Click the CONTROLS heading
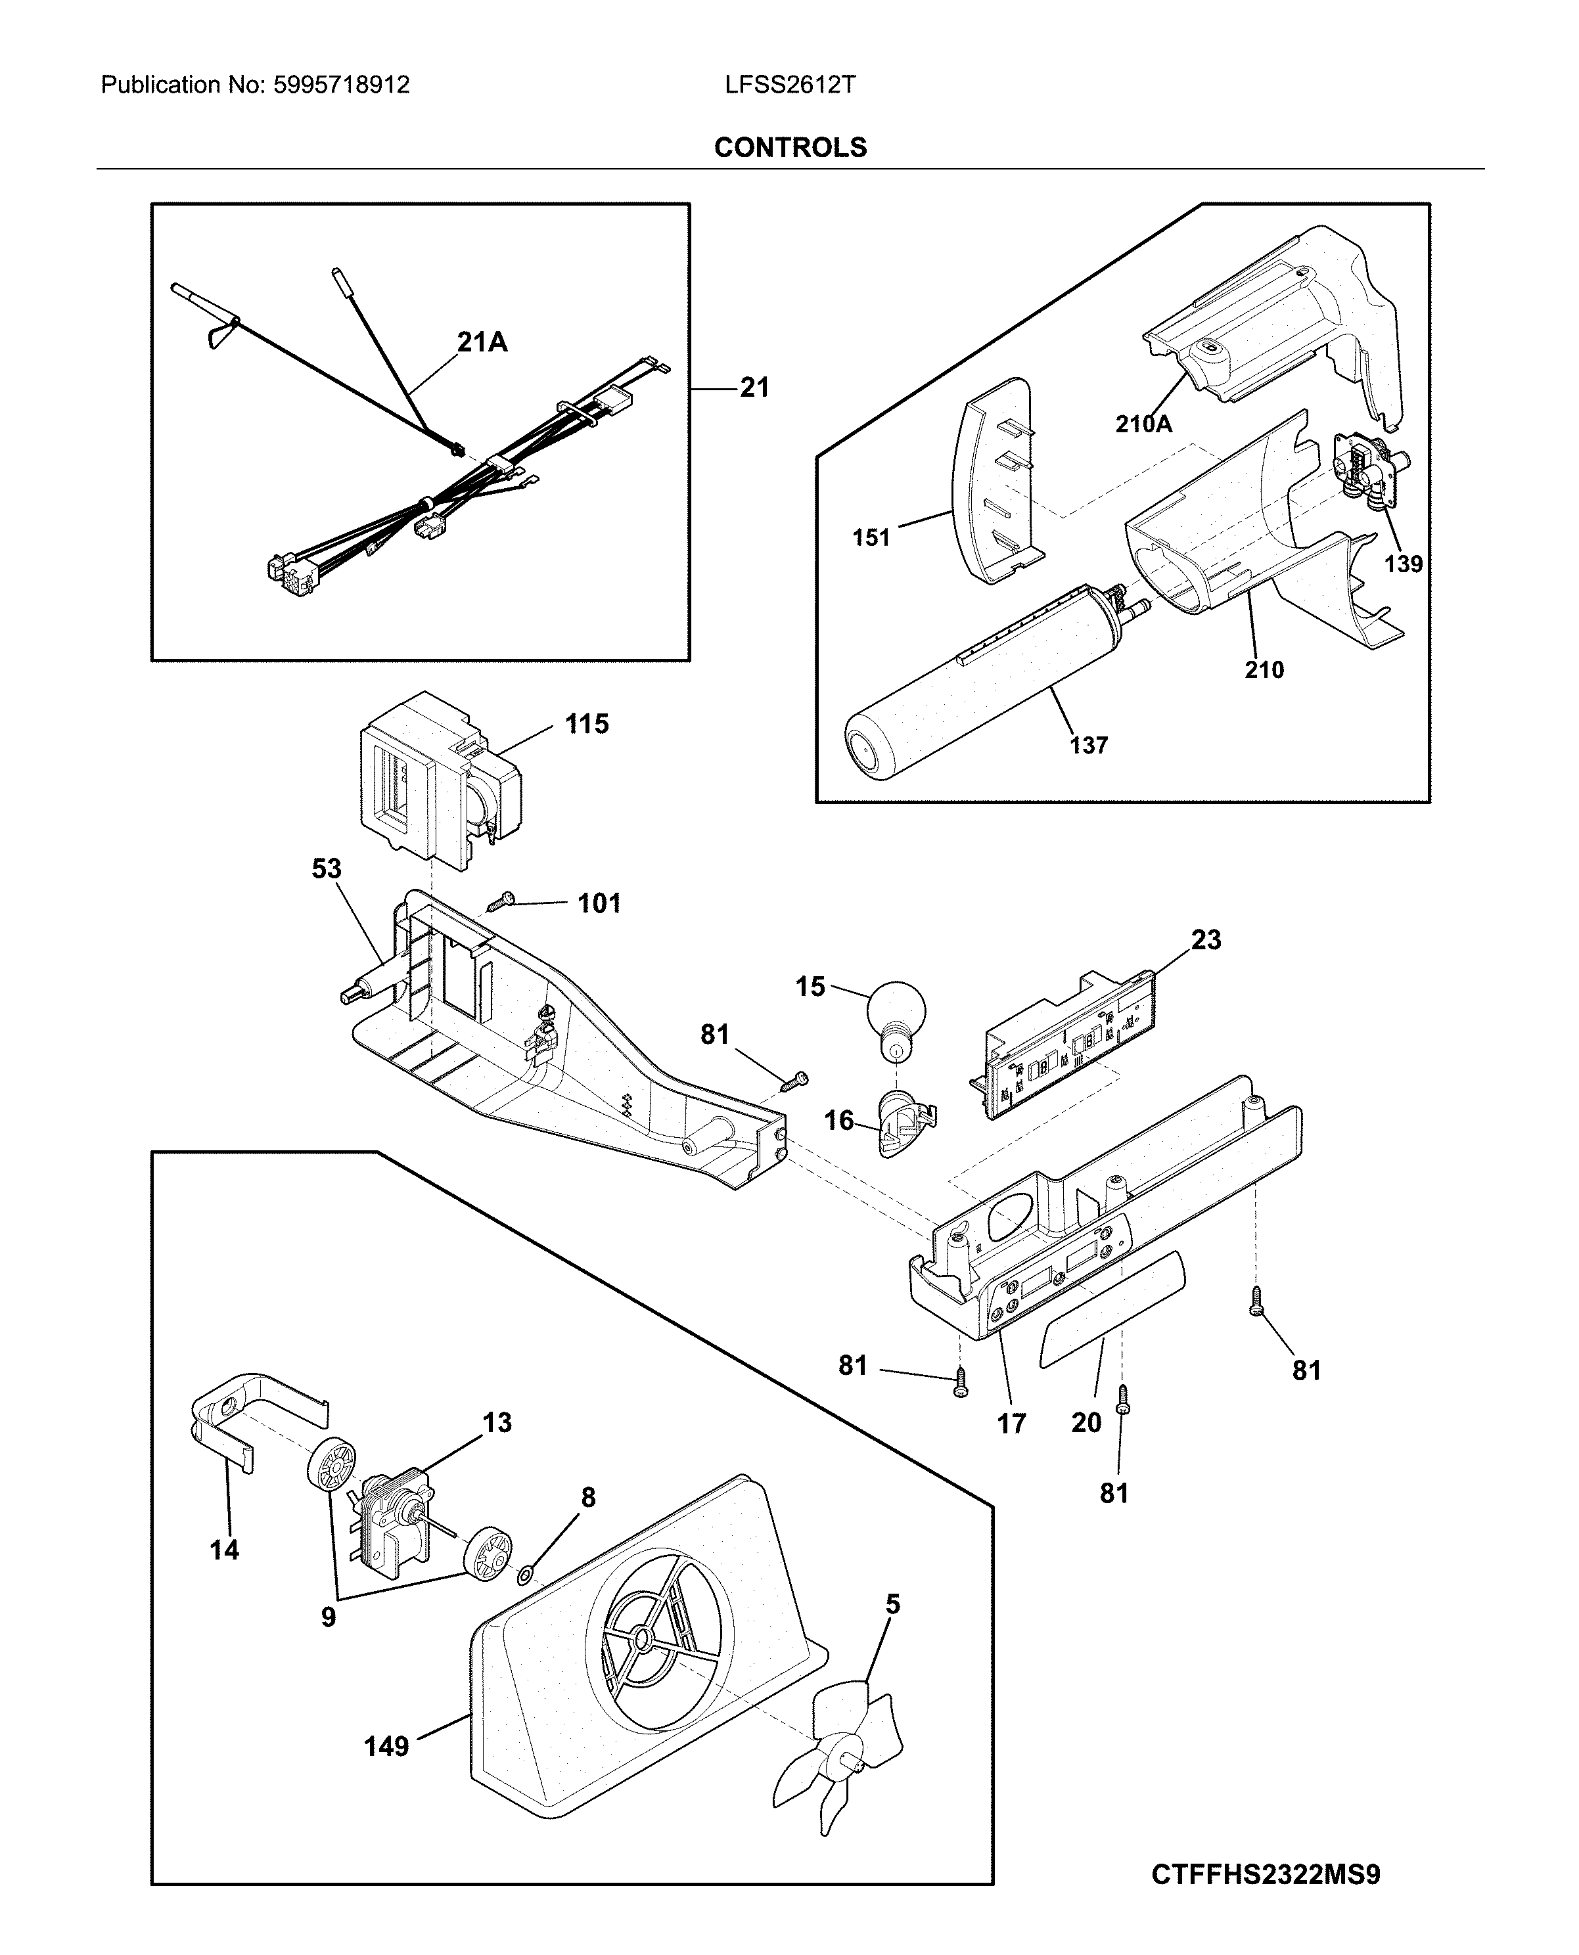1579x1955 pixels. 790,147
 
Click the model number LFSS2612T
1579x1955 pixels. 790,85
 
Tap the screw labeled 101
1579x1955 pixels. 499,903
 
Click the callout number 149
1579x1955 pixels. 386,1746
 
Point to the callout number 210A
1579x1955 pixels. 1143,424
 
